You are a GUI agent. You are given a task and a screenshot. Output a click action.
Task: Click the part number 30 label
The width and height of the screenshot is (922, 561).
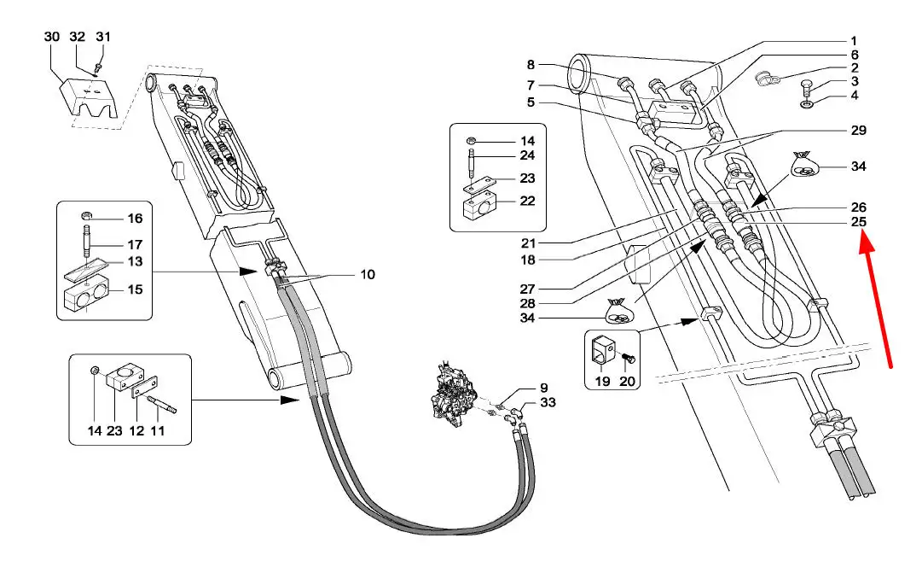click(52, 37)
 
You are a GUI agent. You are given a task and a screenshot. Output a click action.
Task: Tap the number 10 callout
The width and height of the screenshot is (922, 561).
click(368, 274)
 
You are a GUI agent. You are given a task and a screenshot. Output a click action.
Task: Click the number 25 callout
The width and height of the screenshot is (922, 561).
click(859, 222)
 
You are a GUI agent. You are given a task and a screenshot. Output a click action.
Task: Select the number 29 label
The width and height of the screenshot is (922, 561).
click(859, 130)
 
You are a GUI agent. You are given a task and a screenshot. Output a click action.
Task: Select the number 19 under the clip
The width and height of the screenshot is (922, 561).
click(603, 382)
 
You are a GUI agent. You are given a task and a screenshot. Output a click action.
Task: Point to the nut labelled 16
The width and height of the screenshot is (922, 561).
click(86, 213)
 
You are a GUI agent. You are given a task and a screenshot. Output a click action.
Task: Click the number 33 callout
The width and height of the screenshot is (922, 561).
click(548, 403)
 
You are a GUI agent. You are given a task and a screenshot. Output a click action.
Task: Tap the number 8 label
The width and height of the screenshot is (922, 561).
click(531, 65)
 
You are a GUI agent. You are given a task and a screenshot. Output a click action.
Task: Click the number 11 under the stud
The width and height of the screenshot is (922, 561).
click(158, 431)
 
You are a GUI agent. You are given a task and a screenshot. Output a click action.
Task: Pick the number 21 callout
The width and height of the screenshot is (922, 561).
click(529, 243)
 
